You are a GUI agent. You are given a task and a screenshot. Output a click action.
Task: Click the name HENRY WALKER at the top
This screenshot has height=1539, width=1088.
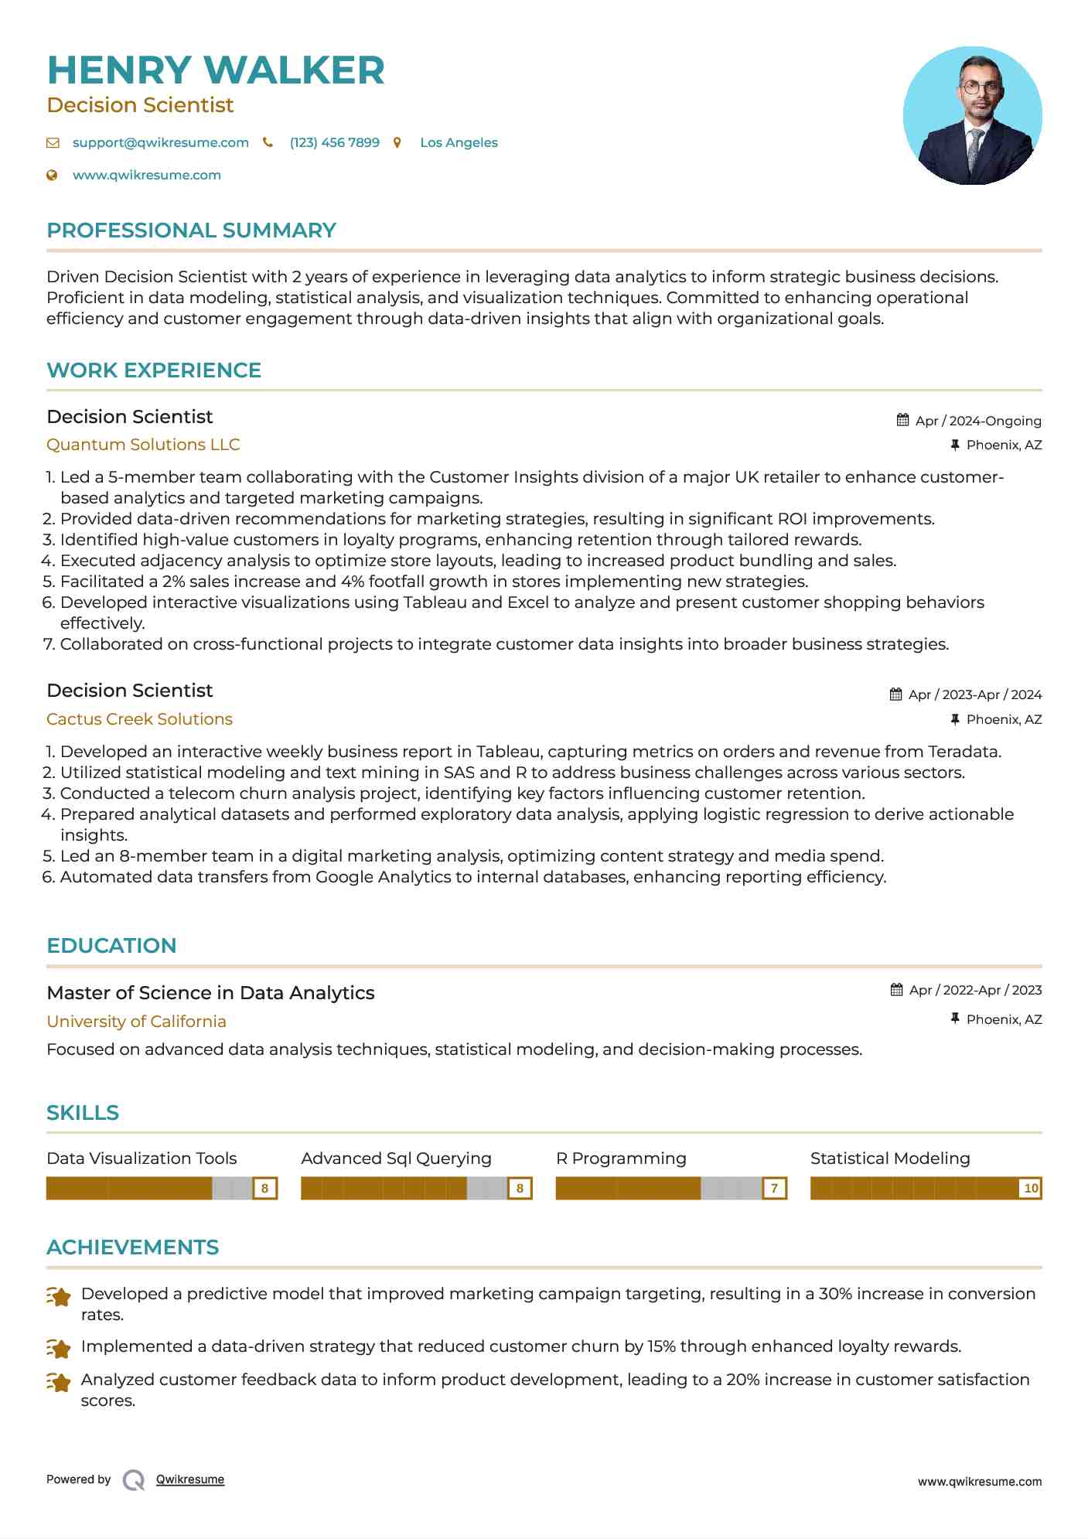coord(216,70)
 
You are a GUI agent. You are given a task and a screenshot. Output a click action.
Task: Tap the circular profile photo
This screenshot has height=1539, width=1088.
coord(972,116)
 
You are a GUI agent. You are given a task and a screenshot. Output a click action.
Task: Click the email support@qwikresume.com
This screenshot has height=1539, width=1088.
coord(160,142)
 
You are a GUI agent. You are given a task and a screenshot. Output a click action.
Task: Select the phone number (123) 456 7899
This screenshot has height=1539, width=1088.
coord(334,142)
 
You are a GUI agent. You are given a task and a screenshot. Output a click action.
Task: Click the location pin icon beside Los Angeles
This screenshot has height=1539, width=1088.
coord(397,142)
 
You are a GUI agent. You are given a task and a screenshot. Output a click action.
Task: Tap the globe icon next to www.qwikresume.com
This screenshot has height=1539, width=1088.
coord(52,175)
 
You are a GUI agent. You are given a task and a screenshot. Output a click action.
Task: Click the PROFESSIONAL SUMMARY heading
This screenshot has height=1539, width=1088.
coord(191,230)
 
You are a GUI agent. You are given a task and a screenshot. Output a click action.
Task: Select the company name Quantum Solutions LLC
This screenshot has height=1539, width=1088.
coord(143,445)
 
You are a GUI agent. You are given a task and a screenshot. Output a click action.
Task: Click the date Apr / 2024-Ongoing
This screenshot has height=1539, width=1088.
coord(977,421)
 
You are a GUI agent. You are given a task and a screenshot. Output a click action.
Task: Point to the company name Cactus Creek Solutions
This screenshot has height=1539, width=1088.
coord(139,719)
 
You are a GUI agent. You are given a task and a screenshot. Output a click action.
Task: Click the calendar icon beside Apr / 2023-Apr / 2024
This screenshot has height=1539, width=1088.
coord(895,694)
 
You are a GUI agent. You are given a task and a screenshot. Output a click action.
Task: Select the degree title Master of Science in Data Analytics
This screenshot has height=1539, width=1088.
coord(210,993)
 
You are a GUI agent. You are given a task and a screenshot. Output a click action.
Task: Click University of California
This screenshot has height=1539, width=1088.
coord(136,1022)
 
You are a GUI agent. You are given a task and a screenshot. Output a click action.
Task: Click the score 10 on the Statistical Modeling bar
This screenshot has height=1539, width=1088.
coord(1031,1188)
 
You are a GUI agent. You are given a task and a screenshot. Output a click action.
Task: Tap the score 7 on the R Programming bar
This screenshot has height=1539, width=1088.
coord(774,1188)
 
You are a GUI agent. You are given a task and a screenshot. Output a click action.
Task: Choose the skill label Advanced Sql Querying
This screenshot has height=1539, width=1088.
coord(396,1159)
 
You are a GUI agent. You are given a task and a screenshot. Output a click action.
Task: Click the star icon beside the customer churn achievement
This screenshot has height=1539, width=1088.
coord(59,1348)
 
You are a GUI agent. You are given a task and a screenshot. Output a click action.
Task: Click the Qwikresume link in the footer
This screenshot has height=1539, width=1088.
coord(190,1479)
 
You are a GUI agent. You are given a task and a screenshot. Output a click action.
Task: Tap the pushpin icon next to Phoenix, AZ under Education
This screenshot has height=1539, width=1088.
coord(955,1019)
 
